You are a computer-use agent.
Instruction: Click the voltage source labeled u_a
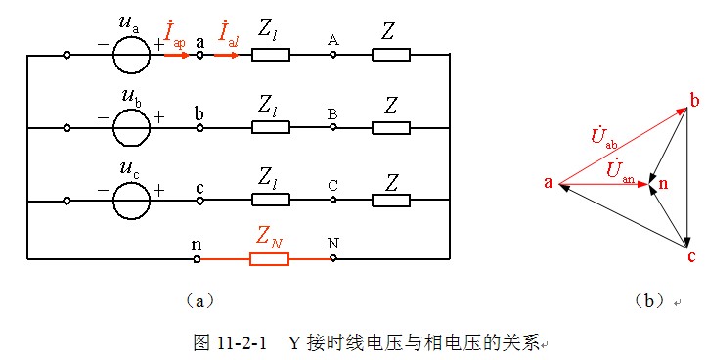pyautogui.click(x=131, y=56)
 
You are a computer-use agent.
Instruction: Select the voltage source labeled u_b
pyautogui.click(x=131, y=128)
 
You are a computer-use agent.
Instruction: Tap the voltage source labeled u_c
pyautogui.click(x=131, y=201)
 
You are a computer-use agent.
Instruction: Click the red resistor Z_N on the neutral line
pyautogui.click(x=271, y=259)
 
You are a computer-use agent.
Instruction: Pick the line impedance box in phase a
pyautogui.click(x=271, y=56)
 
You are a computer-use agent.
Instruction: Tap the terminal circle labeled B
pyautogui.click(x=333, y=128)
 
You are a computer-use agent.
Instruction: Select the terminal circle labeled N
pyautogui.click(x=333, y=259)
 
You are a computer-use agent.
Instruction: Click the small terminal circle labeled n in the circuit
pyautogui.click(x=199, y=259)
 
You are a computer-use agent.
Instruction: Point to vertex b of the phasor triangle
pyautogui.click(x=694, y=102)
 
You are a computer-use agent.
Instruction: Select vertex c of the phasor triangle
pyautogui.click(x=691, y=257)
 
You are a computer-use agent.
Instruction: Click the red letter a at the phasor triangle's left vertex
pyautogui.click(x=549, y=181)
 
